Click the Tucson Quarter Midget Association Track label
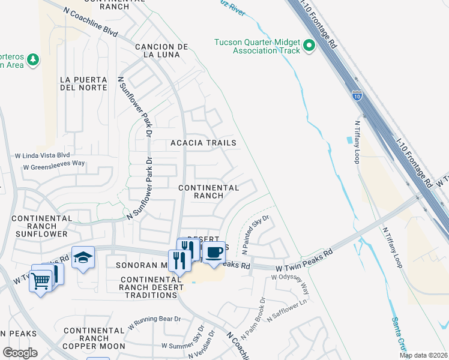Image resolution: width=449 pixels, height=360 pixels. click(x=258, y=46)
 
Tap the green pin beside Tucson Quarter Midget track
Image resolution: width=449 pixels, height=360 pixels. click(x=309, y=46)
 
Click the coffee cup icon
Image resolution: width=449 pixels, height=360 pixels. click(x=213, y=252)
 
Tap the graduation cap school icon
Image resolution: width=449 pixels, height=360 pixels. click(x=83, y=257)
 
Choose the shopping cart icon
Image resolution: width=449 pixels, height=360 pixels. click(x=41, y=280)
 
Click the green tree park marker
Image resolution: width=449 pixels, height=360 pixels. click(x=34, y=59)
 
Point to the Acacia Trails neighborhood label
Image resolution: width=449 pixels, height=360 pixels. click(x=203, y=143)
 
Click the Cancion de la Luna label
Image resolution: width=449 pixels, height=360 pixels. click(x=162, y=50)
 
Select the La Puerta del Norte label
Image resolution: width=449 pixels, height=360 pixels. click(x=84, y=83)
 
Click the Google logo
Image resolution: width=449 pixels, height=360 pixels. click(x=19, y=353)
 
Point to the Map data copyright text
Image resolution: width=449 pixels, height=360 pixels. click(x=424, y=355)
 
